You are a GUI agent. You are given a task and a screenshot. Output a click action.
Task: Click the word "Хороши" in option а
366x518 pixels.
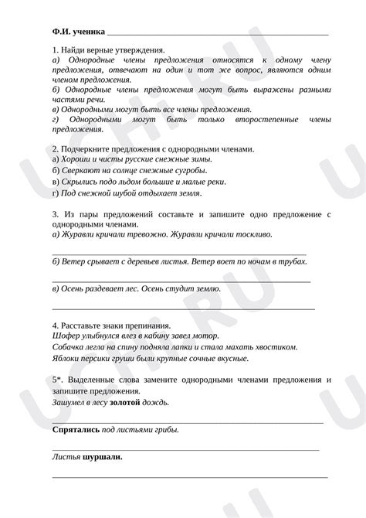point(77,158)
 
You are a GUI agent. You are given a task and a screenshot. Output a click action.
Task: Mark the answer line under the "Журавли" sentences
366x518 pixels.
point(178,252)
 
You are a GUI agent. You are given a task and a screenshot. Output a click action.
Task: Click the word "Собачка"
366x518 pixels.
point(72,347)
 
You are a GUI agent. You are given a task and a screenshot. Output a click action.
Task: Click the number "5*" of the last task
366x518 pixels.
point(56,380)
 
